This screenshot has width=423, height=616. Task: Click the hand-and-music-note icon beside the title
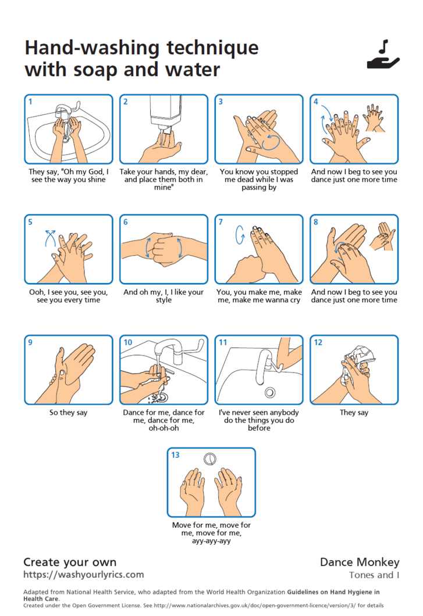383,55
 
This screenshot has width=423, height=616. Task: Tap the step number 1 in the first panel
30,101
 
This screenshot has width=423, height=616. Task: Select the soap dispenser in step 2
165,114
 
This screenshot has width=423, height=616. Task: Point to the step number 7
221,222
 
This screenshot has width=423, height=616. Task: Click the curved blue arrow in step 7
240,235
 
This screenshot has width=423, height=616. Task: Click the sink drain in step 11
270,392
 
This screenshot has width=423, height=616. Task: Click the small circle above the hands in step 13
210,459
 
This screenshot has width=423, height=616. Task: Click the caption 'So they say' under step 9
68,413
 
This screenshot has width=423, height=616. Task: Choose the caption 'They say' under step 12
354,413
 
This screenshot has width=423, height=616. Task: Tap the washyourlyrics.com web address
83,574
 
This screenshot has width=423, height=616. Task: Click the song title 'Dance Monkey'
360,562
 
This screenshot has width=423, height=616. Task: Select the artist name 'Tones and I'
374,575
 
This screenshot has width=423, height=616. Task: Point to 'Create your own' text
70,562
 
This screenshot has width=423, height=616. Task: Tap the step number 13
175,455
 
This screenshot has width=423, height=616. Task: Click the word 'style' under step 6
163,300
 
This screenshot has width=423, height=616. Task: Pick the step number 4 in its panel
315,101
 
